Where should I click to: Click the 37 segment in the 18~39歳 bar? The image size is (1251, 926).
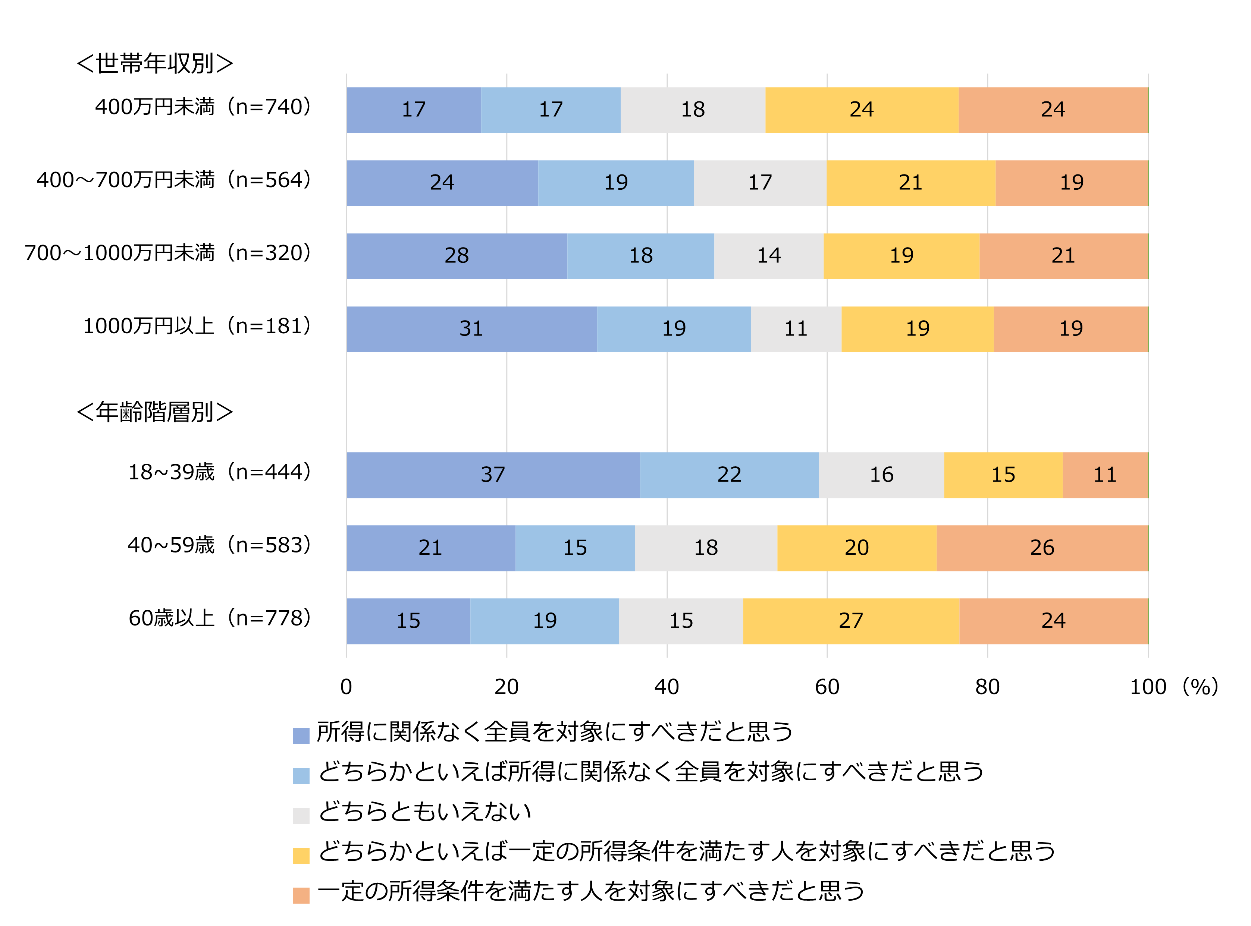[x=493, y=475]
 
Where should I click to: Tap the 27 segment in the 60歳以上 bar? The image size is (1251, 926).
[x=851, y=621]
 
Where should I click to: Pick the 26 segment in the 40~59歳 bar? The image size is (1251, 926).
[x=1042, y=548]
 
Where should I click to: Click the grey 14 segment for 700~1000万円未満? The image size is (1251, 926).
[x=769, y=256]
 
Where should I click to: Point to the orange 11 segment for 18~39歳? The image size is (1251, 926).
[x=1105, y=475]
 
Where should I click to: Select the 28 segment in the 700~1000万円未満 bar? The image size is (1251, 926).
[x=457, y=256]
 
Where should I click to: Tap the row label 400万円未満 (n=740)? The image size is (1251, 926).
[x=203, y=107]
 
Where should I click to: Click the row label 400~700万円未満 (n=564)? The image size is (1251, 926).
[x=173, y=180]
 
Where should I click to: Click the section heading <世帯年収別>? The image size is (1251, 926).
[x=155, y=63]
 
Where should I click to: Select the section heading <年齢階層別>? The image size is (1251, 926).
[x=155, y=412]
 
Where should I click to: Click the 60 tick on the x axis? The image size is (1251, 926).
[x=827, y=687]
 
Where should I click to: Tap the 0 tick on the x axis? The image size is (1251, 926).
[x=346, y=687]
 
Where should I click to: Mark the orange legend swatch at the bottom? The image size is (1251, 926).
[x=301, y=895]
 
